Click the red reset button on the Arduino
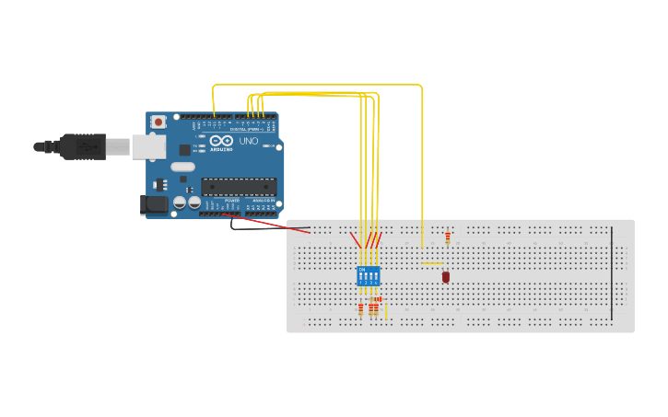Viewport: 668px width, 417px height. coord(158,122)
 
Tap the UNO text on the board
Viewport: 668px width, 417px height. coord(249,142)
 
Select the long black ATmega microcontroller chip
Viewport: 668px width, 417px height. coord(239,187)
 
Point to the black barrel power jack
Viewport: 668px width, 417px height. coord(153,204)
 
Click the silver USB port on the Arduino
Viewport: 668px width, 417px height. coord(147,145)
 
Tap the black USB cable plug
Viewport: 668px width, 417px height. coord(83,146)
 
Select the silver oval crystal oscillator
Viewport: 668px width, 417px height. coord(182,168)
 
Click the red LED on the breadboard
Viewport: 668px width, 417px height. coord(446,276)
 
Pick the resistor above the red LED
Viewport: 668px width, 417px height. coord(448,237)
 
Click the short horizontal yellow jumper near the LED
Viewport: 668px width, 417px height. coord(432,264)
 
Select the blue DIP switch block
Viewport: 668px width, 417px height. coord(368,275)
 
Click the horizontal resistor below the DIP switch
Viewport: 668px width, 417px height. coord(376,299)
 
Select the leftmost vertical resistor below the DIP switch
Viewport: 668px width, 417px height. coord(360,310)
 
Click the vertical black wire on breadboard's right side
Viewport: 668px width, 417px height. coord(611,272)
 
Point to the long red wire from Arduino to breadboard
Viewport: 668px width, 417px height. coord(267,224)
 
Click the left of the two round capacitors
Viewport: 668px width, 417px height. coord(181,202)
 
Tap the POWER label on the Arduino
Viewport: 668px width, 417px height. coord(232,200)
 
